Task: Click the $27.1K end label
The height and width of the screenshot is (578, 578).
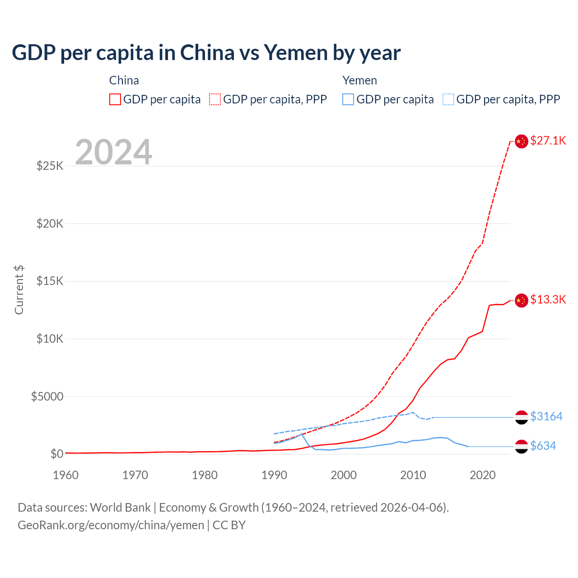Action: (x=548, y=140)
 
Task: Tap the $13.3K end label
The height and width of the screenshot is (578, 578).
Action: (x=548, y=299)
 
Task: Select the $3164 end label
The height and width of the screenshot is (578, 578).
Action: (x=546, y=416)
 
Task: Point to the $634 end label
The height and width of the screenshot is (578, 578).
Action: (x=543, y=446)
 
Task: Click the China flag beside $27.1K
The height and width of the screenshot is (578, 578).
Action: (x=522, y=141)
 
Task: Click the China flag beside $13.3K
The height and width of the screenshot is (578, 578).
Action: (x=522, y=300)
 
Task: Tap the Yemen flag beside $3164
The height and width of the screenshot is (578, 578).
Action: (x=522, y=417)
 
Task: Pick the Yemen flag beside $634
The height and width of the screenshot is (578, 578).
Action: (x=522, y=447)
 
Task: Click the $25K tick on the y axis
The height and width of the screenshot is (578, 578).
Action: (x=50, y=166)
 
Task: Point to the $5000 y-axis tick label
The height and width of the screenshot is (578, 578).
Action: (x=47, y=396)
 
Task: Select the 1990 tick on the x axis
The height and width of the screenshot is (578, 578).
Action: (x=274, y=475)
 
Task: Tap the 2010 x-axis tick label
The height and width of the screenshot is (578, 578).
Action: (x=413, y=475)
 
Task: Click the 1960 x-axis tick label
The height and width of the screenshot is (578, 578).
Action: (x=66, y=475)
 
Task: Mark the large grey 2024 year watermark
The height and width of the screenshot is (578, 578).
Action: (x=113, y=152)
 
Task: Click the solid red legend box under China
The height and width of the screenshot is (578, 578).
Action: (x=115, y=99)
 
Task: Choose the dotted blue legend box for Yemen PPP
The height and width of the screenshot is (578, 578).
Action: (x=448, y=99)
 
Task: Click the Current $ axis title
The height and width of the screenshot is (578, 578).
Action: (x=19, y=290)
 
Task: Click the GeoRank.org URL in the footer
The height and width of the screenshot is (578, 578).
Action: (x=111, y=525)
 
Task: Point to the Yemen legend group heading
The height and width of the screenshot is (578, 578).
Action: (x=359, y=80)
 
